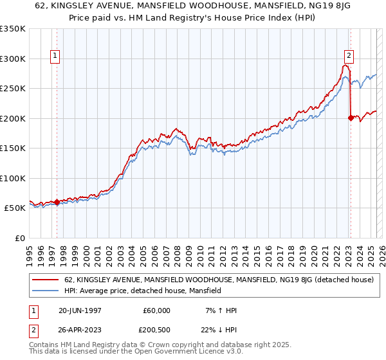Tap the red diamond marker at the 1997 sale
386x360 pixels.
pyautogui.click(x=57, y=202)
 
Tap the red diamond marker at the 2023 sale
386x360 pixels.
pyautogui.click(x=351, y=118)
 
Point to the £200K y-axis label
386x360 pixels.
pyautogui.click(x=13, y=118)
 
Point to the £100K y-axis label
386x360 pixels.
pyautogui.click(x=13, y=178)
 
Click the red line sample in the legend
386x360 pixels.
pyautogui.click(x=46, y=280)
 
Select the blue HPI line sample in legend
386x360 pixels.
pyautogui.click(x=46, y=291)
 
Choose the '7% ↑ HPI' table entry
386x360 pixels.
pyautogui.click(x=219, y=310)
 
